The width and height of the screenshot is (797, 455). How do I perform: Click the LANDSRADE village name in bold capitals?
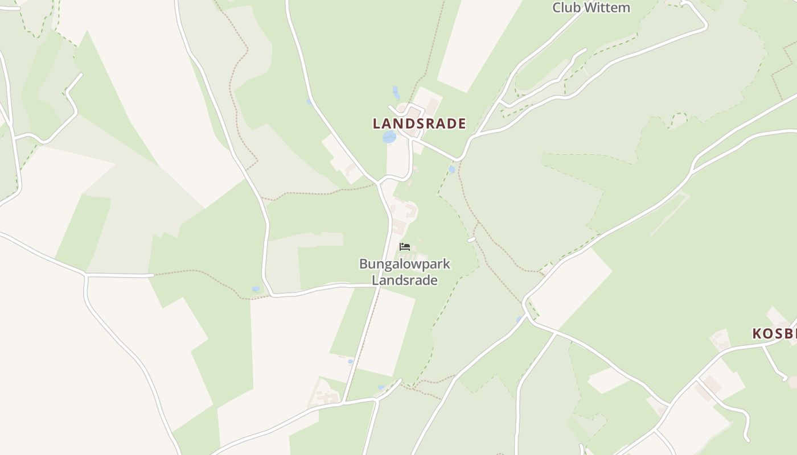click(x=419, y=123)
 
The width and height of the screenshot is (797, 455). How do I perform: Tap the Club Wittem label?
click(x=591, y=8)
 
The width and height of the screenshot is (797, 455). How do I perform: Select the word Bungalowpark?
click(x=404, y=264)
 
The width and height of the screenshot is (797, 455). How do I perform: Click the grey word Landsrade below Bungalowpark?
click(x=404, y=280)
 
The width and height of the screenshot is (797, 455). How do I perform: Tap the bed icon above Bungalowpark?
click(x=405, y=246)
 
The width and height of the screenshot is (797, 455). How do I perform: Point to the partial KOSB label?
click(x=774, y=334)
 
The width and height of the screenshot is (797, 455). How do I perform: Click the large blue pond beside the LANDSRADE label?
click(x=389, y=137)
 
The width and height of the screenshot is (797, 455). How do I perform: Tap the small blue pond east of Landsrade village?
click(x=451, y=169)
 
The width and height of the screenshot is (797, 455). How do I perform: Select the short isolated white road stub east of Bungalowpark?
click(x=471, y=240)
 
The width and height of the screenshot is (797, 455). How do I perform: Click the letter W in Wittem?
click(x=586, y=8)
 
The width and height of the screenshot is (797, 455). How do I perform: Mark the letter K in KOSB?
click(x=758, y=334)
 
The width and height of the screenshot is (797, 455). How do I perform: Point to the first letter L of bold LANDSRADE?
click(x=377, y=123)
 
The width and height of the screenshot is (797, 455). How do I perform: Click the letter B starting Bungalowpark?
click(x=363, y=264)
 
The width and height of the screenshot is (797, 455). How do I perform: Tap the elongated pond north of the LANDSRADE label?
click(x=396, y=92)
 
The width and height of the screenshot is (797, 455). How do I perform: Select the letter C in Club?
click(x=557, y=8)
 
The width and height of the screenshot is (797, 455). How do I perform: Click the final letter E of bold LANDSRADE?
click(x=462, y=123)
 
